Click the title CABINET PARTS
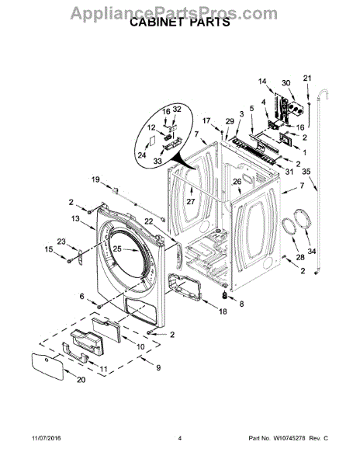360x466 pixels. tap(180, 23)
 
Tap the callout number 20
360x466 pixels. tap(81, 380)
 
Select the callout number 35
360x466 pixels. tap(306, 172)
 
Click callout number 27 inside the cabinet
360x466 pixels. tap(191, 201)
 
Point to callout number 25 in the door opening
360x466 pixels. tap(117, 249)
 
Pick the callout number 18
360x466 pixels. tap(223, 311)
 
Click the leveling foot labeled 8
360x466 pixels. tap(225, 295)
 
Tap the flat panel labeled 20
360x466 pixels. tap(47, 367)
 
